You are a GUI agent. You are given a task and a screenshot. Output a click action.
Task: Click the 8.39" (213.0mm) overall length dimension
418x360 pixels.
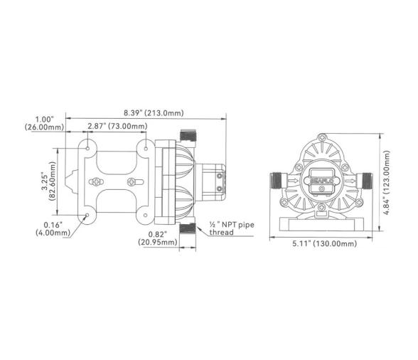coord(152,112)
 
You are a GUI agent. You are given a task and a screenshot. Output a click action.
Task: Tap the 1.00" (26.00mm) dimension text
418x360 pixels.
coord(44,122)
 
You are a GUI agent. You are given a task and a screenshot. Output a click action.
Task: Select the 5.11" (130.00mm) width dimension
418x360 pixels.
coord(323,243)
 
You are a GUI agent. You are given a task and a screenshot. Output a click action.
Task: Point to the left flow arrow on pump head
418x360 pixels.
coord(293,181)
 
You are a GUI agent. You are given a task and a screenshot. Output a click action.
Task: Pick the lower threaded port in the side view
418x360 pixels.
coord(188,227)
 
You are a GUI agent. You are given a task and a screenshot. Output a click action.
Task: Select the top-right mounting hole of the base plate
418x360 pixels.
coord(146,147)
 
